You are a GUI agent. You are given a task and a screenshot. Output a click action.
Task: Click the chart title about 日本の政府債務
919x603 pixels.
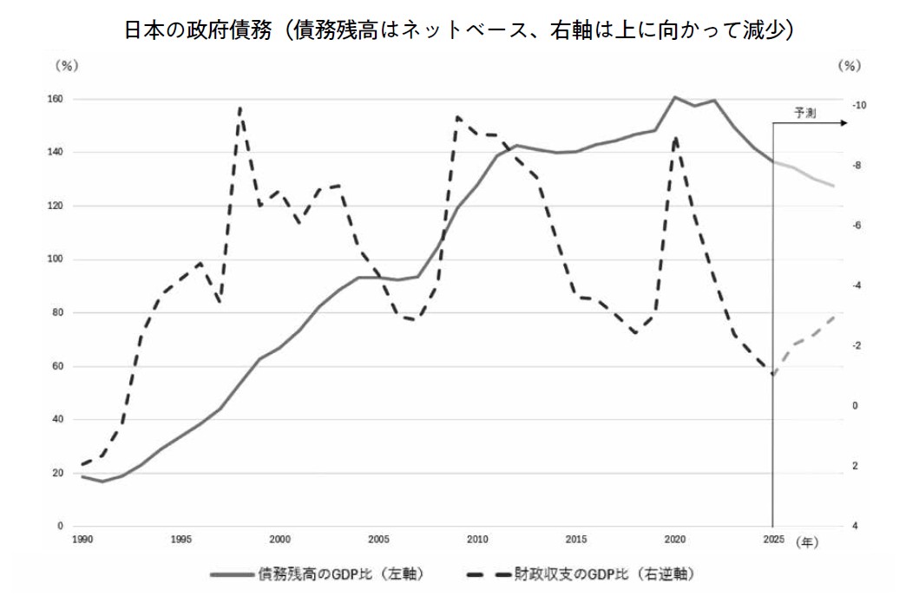(459, 29)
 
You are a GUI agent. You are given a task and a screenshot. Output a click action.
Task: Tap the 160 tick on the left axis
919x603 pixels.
(55, 100)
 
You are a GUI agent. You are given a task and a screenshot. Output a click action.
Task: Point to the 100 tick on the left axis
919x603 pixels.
(55, 259)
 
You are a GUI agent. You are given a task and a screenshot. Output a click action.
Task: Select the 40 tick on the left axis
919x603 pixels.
(57, 420)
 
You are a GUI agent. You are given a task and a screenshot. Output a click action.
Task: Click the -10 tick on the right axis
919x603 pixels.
(858, 106)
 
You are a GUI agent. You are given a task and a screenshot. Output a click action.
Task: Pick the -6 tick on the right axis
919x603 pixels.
(857, 226)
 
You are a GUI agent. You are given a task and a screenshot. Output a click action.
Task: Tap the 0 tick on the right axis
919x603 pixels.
(855, 405)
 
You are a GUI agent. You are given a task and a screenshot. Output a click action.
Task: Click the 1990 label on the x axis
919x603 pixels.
(82, 540)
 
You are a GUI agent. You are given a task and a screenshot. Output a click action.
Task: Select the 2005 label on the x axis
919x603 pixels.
(378, 540)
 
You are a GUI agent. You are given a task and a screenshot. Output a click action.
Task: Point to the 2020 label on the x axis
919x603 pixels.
(675, 540)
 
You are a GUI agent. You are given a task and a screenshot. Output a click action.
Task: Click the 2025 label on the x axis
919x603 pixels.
(774, 540)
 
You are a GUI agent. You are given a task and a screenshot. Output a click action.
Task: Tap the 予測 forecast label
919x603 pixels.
(805, 113)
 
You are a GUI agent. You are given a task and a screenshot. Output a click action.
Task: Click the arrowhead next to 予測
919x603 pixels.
(844, 123)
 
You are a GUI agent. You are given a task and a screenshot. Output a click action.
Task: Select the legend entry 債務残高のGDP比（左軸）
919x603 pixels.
(317, 574)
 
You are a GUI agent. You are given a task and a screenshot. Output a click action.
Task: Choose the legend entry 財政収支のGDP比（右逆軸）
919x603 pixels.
(581, 574)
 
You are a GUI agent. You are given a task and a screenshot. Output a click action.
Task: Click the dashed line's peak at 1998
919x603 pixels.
(240, 108)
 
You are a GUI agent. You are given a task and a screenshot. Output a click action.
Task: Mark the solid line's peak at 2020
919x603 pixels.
(675, 96)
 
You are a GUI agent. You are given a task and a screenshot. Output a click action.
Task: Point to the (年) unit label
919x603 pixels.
(807, 543)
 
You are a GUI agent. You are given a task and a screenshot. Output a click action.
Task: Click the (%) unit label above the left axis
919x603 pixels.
(66, 66)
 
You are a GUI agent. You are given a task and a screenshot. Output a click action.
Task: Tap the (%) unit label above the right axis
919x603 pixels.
(850, 66)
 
